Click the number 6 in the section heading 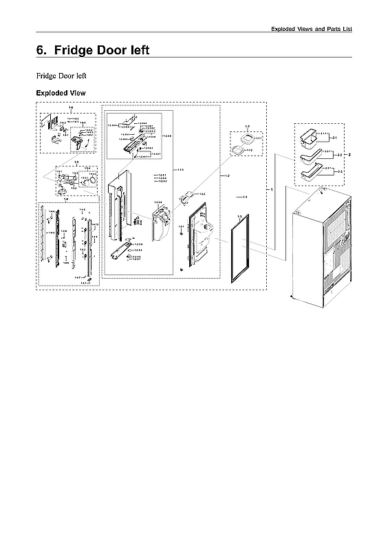(x=40, y=50)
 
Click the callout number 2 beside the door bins (x=349, y=156)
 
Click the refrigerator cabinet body (x=320, y=248)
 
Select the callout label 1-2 (x=228, y=176)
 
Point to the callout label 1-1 (x=243, y=197)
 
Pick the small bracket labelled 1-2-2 (x=184, y=199)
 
